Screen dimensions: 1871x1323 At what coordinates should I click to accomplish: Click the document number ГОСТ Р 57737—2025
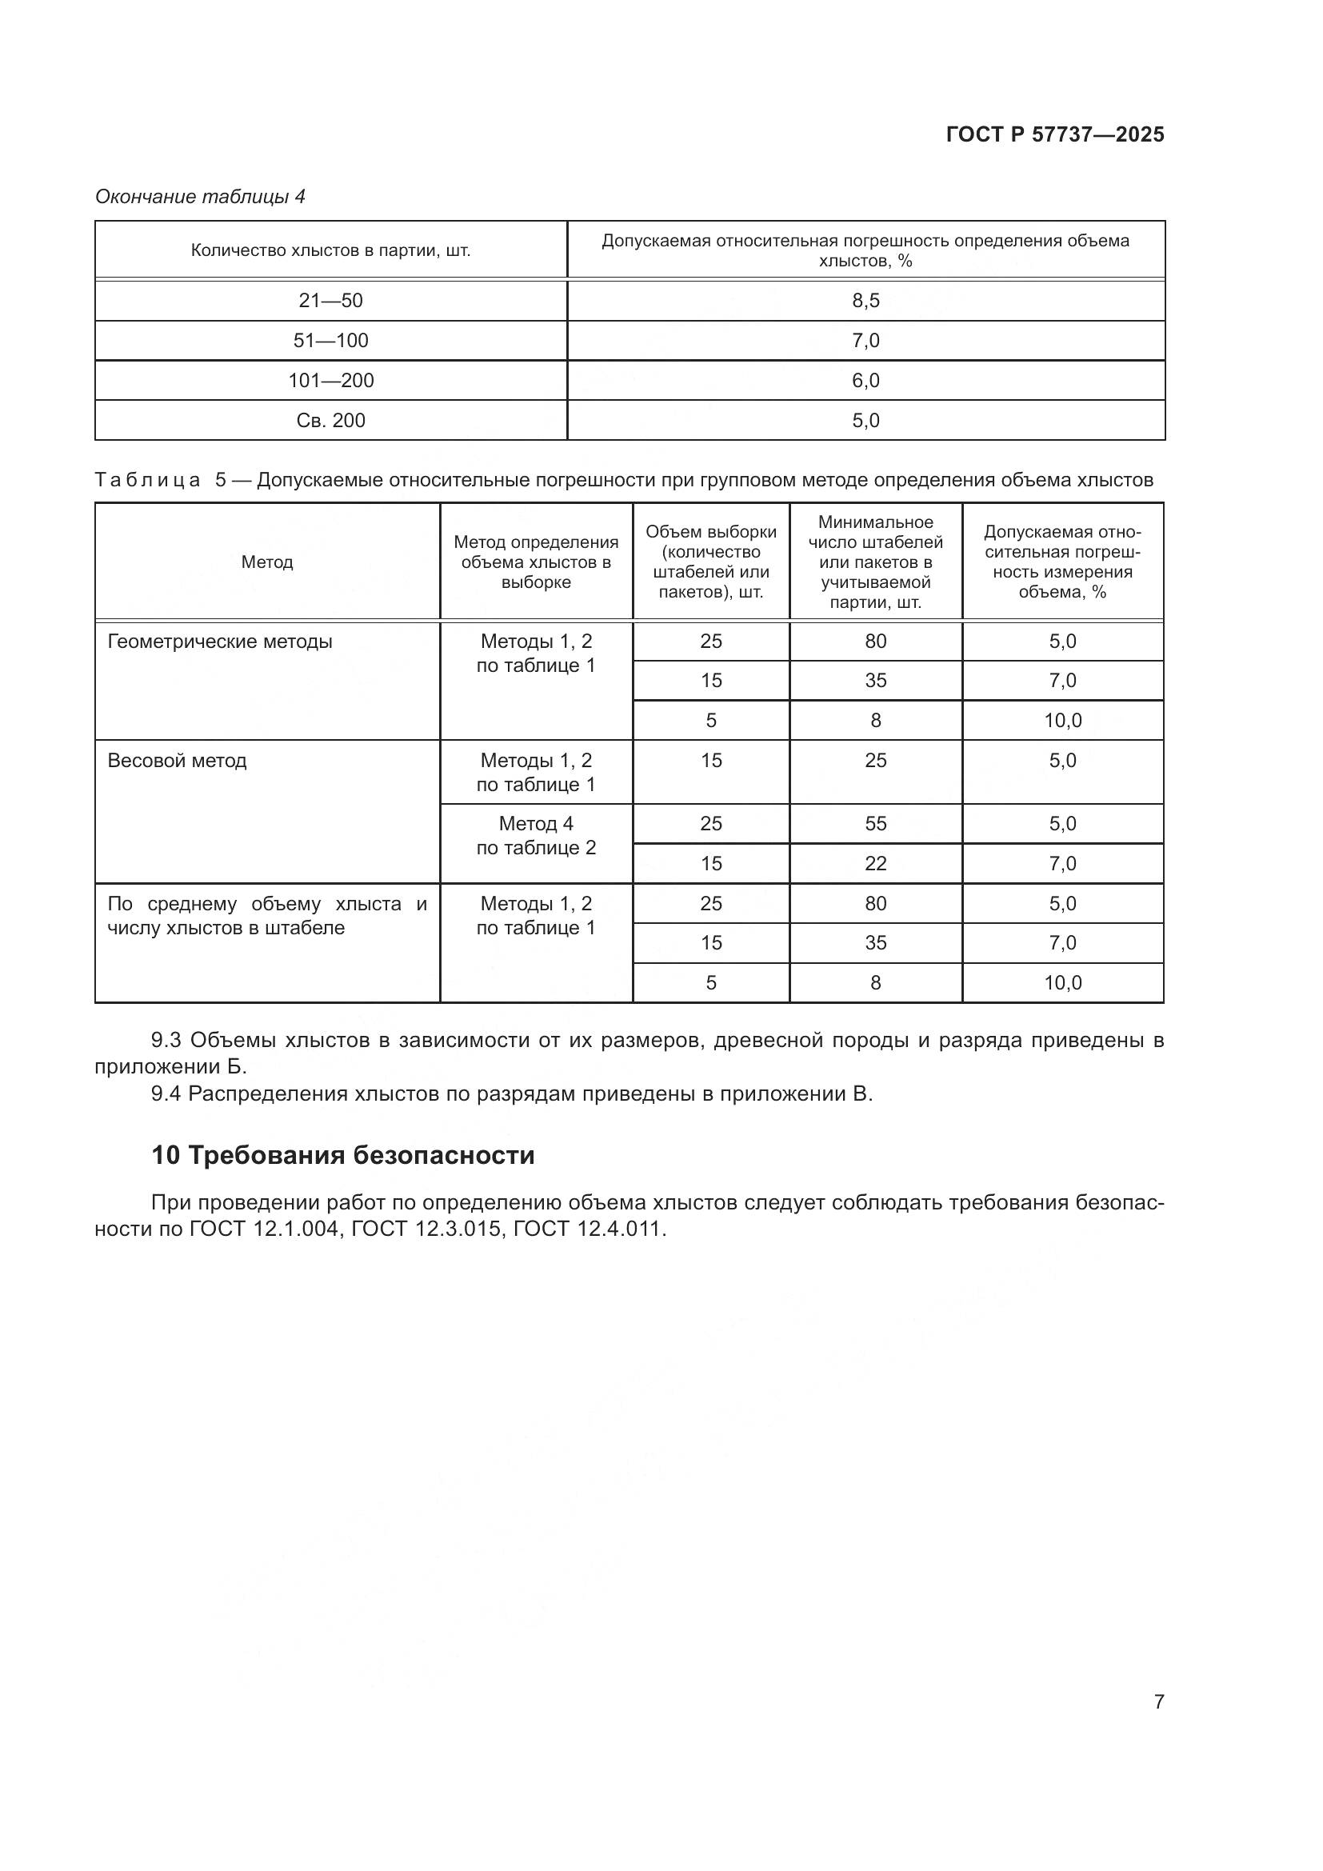1054,134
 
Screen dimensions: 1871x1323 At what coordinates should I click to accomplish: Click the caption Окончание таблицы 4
201,197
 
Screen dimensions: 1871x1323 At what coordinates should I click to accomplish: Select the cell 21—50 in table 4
331,301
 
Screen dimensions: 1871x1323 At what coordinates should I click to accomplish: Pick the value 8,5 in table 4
865,301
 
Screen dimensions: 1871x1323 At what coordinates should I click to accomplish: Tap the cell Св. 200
331,421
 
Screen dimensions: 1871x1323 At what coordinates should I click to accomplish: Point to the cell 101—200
331,381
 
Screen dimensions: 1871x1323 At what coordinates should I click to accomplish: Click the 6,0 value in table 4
865,381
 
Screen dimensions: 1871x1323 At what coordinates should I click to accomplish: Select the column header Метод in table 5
267,562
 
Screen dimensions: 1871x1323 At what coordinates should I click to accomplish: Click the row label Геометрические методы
220,642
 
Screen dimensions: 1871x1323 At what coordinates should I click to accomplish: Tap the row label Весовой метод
177,760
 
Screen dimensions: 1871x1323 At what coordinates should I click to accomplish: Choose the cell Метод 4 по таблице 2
536,835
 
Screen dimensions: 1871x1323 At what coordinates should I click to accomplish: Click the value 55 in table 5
875,823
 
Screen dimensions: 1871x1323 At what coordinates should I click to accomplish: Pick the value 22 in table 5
875,863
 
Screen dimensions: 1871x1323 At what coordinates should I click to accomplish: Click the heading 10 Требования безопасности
343,1155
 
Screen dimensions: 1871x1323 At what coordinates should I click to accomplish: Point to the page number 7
1158,1701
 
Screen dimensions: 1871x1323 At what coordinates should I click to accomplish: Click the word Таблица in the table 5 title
147,480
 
